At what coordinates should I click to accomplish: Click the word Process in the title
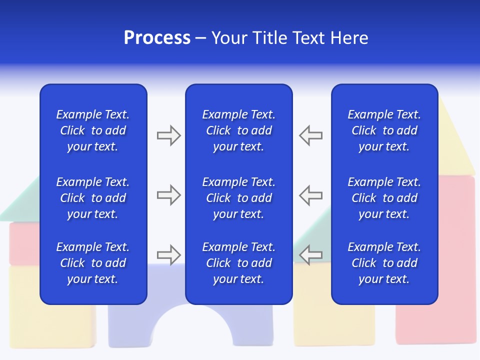click(157, 38)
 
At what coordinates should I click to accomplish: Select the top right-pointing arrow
click(168, 135)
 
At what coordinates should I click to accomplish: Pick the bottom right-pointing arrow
click(168, 255)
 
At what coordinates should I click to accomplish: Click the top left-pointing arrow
click(310, 135)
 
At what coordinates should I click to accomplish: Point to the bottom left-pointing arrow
click(310, 255)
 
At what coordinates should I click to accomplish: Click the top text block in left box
click(93, 130)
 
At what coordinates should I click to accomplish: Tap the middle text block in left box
click(93, 198)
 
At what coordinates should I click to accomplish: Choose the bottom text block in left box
click(93, 263)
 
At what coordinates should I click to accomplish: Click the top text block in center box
click(238, 130)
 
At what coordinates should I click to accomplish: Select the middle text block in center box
click(238, 198)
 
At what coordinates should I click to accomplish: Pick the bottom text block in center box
click(238, 263)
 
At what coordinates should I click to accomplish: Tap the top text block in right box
click(384, 130)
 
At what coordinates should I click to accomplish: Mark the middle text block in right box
click(384, 198)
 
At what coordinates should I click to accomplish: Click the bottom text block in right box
click(384, 263)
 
